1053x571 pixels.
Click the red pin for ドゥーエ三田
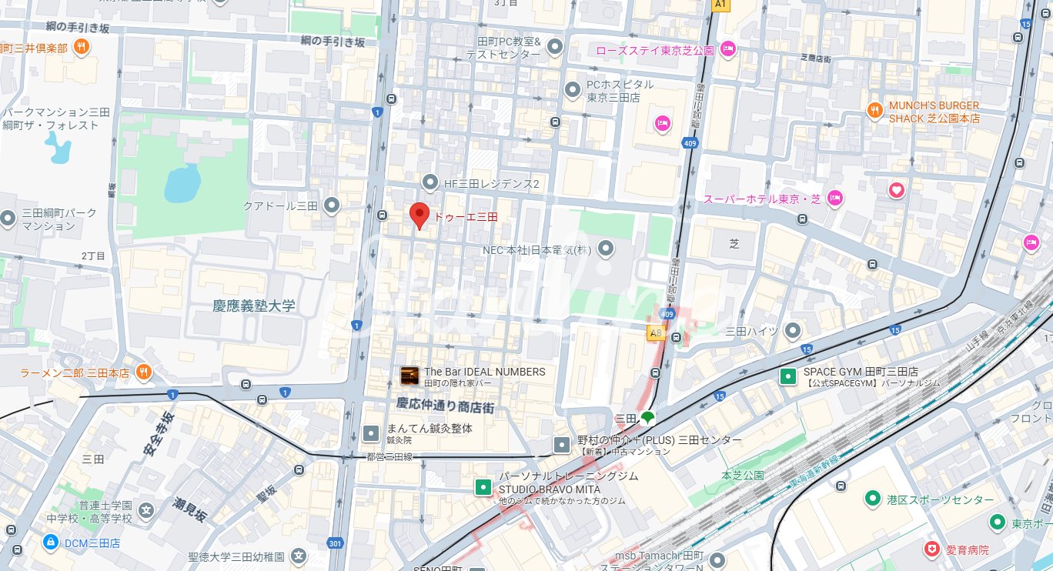click(419, 215)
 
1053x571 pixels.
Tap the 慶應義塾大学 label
click(254, 306)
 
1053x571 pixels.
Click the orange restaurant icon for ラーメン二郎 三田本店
click(143, 372)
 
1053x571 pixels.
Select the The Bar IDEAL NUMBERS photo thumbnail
click(409, 376)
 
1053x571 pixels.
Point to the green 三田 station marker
click(647, 418)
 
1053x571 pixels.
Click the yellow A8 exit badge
click(655, 333)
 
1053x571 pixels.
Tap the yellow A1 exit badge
click(720, 5)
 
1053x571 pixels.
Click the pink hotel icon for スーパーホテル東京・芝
click(834, 199)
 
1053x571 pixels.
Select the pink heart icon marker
click(896, 189)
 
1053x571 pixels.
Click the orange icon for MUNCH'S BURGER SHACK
click(874, 110)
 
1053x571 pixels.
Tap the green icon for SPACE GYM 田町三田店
click(788, 376)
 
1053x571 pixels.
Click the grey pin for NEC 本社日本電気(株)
click(606, 249)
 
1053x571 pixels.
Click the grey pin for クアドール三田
click(332, 205)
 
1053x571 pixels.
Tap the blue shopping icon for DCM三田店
click(51, 543)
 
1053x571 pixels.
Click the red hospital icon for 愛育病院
click(932, 549)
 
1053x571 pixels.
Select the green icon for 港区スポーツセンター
click(872, 499)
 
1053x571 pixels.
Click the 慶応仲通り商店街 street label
click(445, 405)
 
